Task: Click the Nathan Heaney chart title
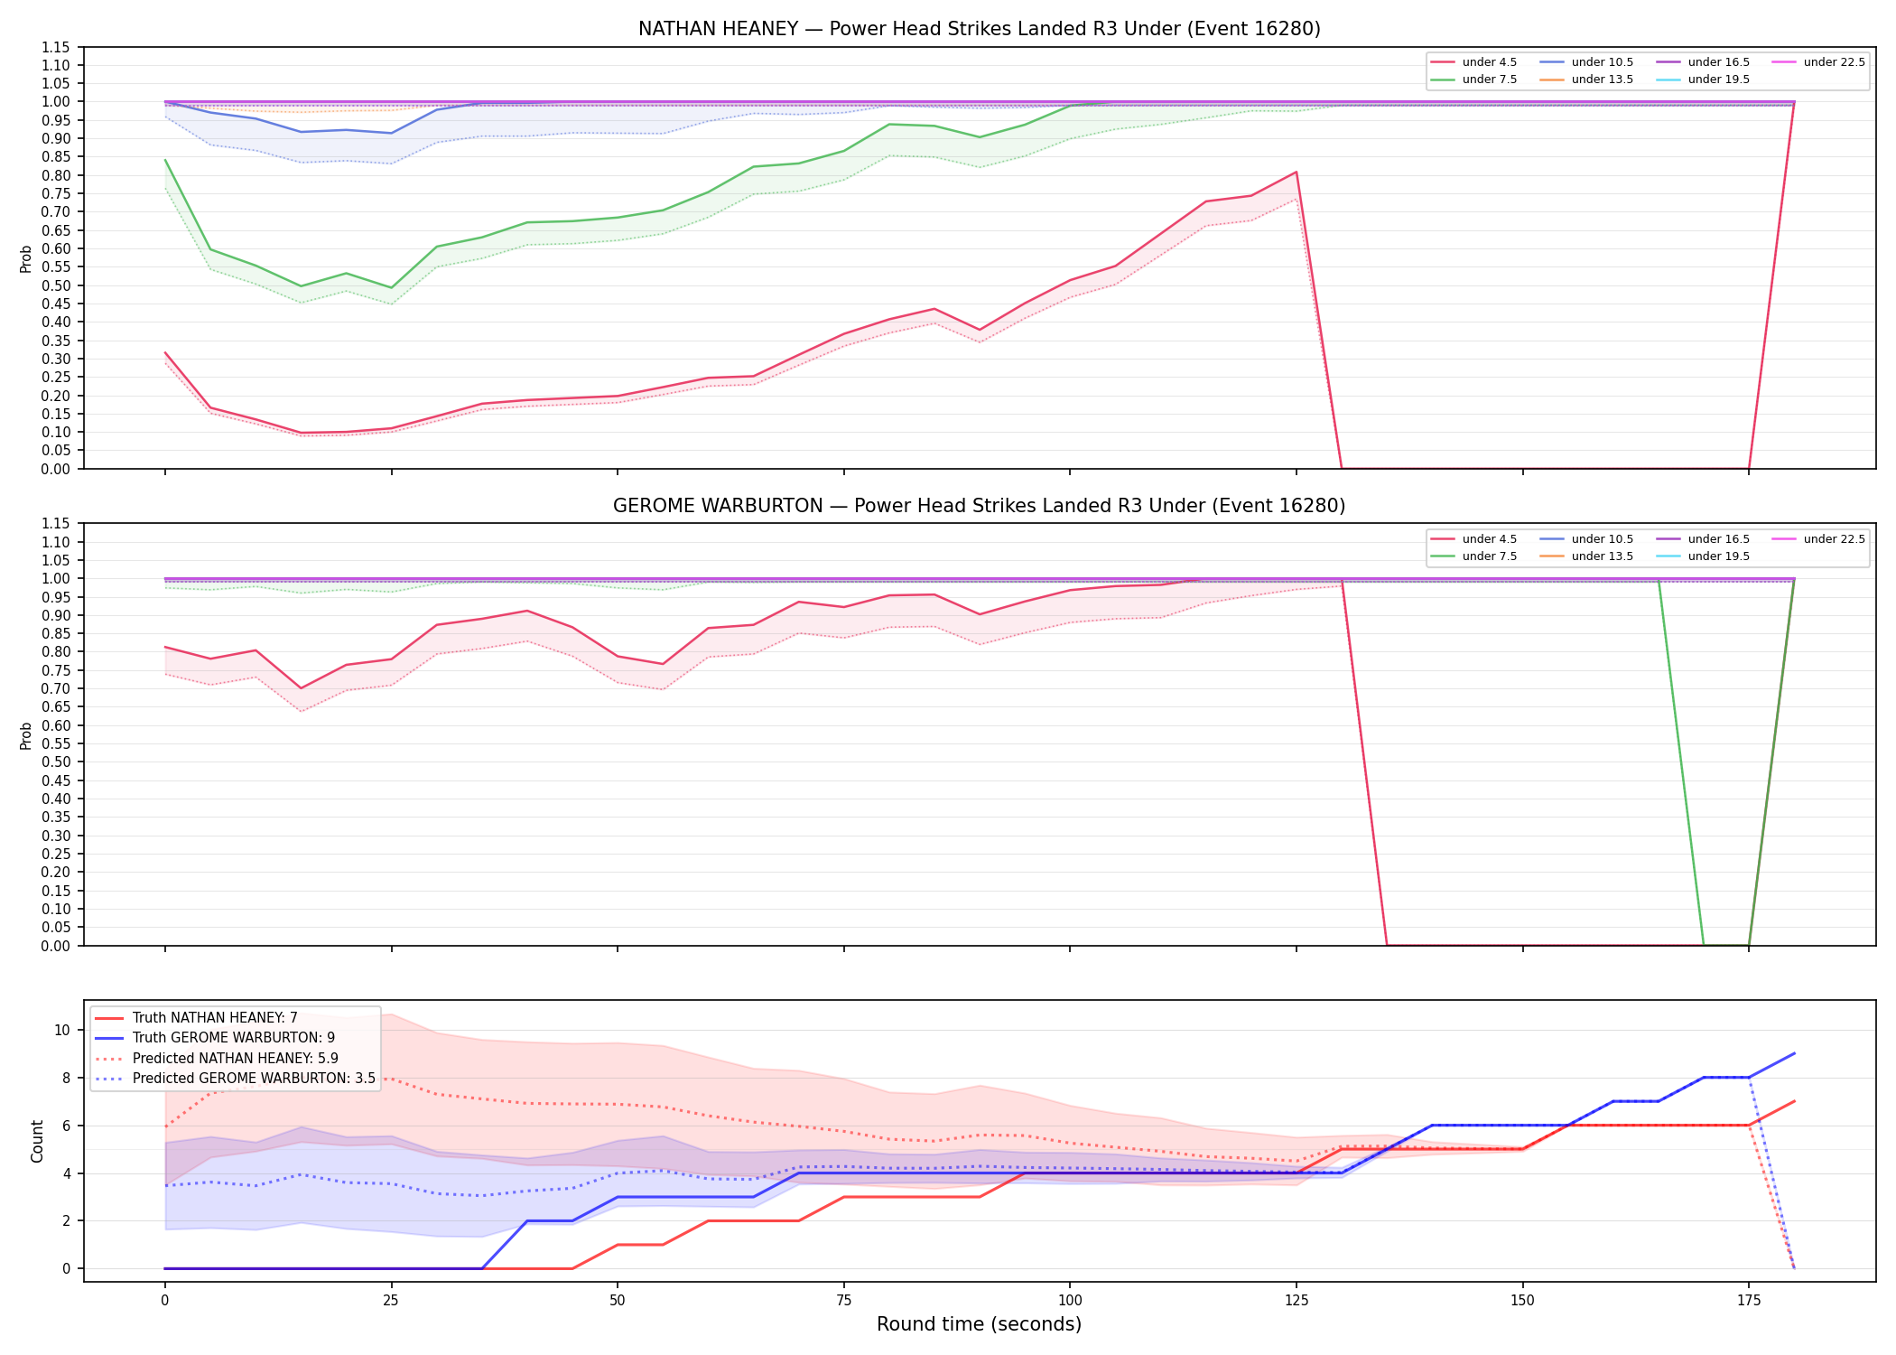tap(979, 29)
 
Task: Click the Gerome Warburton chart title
tap(979, 506)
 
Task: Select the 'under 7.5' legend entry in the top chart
tap(1473, 79)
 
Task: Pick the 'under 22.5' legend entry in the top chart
tap(1818, 62)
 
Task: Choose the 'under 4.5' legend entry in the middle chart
tap(1473, 539)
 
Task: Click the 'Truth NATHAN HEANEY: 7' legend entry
tap(196, 1018)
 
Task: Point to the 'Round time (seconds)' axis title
tap(979, 1324)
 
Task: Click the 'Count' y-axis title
tap(37, 1141)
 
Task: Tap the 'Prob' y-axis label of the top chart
tap(26, 259)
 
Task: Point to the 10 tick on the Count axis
tap(62, 1030)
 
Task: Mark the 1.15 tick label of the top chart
tap(56, 47)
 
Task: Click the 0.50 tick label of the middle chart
tap(56, 762)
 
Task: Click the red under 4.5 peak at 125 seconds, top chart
tap(1297, 172)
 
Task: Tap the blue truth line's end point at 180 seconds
tap(1794, 1053)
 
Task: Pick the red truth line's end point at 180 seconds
tap(1794, 1101)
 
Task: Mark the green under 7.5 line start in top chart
tap(165, 160)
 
